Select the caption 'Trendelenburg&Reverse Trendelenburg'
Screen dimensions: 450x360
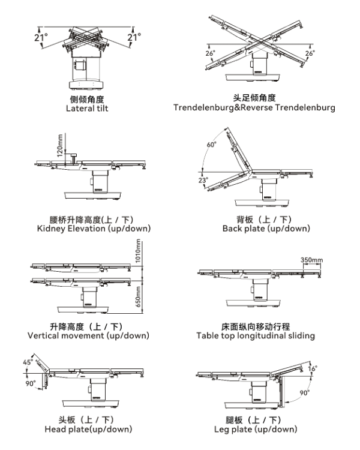pos(254,108)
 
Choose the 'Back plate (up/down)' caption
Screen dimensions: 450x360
pos(258,229)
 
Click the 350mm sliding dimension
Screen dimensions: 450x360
pos(311,260)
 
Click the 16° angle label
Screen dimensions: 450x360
pos(313,368)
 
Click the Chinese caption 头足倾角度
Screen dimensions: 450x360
pos(254,98)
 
